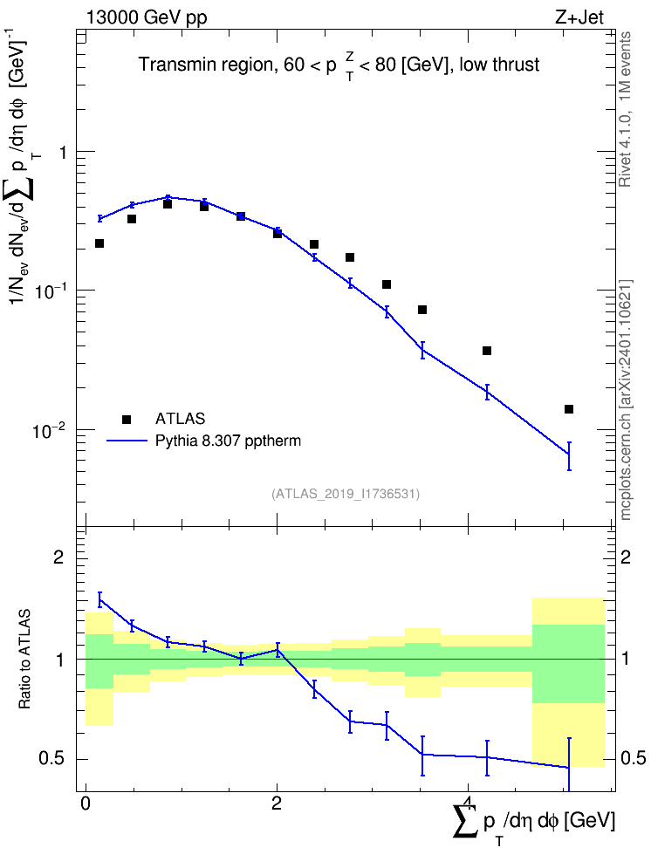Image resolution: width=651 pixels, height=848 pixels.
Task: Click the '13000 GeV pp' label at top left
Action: [146, 17]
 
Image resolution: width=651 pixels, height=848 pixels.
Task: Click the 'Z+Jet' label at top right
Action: [579, 17]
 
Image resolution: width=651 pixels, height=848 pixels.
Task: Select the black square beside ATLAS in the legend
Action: [127, 419]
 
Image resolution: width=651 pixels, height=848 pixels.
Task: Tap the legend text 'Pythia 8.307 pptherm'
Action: [228, 441]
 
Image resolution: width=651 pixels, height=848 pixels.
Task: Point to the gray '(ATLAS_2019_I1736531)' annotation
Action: [346, 493]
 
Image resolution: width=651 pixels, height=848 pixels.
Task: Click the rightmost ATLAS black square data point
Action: [569, 409]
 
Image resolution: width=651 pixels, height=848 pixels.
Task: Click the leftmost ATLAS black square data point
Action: [99, 243]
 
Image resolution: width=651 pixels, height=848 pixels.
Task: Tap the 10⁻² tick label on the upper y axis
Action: [49, 430]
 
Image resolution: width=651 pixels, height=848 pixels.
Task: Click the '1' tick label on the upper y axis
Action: [63, 153]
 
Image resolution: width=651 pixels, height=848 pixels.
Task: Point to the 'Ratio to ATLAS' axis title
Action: [24, 659]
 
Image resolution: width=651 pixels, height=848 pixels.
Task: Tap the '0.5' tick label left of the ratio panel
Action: [52, 759]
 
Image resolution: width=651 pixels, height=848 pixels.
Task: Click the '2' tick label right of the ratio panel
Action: [626, 557]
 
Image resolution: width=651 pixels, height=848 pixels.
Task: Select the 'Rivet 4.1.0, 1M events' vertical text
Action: [625, 109]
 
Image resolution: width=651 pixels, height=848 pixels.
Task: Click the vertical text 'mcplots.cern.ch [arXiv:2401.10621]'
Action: [625, 400]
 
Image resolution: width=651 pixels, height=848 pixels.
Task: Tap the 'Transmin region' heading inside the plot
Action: [203, 65]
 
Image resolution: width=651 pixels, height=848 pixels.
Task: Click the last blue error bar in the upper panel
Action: [569, 456]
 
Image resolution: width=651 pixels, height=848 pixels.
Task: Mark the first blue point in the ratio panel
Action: [99, 599]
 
